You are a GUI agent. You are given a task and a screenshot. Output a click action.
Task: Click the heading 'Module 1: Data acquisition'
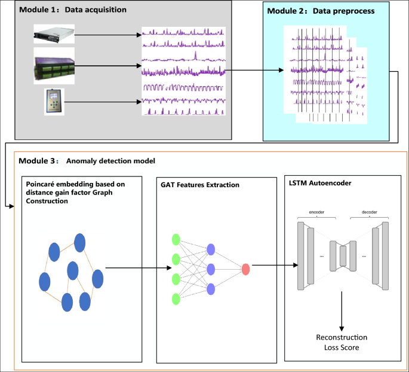(x=73, y=11)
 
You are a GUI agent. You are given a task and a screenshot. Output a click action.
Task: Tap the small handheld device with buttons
(x=54, y=102)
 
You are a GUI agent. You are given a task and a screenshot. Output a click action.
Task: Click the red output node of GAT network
(x=245, y=269)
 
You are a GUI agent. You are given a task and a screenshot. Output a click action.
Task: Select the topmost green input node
(x=176, y=240)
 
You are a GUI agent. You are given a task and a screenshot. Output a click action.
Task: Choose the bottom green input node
(x=176, y=298)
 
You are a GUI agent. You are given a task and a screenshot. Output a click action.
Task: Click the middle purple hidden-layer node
(x=210, y=269)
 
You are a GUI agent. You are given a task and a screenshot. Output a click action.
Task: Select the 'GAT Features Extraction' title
(x=200, y=185)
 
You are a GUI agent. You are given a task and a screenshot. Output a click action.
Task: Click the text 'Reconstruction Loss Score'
(x=342, y=342)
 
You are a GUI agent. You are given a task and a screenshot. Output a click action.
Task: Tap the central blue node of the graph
(x=73, y=271)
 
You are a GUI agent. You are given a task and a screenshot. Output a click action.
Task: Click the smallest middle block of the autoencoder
(x=343, y=255)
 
